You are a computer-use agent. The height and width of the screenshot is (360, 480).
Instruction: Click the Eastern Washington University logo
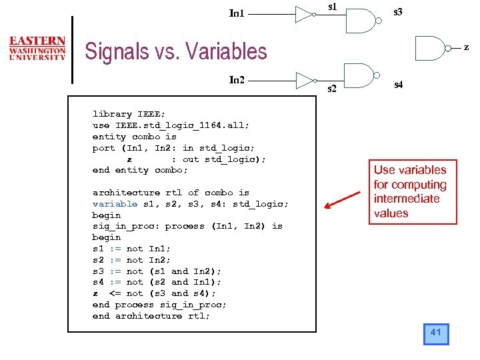[x=37, y=48]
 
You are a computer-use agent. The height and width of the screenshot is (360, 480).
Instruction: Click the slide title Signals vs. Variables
[x=176, y=51]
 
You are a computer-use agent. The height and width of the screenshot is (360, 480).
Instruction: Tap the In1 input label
[x=237, y=13]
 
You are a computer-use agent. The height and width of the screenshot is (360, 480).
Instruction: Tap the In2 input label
[x=237, y=80]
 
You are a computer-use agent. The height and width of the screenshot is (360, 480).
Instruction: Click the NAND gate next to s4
[x=359, y=75]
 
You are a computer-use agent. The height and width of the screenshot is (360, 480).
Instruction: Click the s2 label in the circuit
[x=331, y=88]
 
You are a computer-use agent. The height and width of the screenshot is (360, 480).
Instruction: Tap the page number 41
[x=436, y=333]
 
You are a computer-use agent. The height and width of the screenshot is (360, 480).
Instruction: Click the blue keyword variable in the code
[x=115, y=204]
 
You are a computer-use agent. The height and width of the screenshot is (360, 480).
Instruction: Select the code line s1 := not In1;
[x=131, y=249]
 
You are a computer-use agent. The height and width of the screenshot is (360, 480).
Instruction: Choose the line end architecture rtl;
[x=151, y=316]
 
